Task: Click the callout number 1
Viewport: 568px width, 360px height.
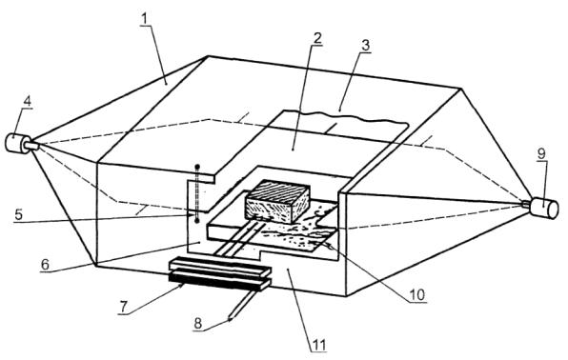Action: [145, 19]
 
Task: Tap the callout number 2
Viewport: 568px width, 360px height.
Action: [317, 38]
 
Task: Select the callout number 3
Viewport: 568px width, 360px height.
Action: [365, 46]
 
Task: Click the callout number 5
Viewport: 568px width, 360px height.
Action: [18, 214]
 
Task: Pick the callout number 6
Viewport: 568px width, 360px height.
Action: [45, 265]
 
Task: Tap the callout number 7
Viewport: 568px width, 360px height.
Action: [124, 307]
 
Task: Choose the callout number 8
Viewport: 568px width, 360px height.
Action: [198, 324]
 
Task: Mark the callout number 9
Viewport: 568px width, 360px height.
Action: [540, 154]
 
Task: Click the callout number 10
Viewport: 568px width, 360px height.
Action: [416, 295]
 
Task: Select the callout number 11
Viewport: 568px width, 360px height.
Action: [319, 345]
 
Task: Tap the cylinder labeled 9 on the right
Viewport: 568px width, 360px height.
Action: [543, 208]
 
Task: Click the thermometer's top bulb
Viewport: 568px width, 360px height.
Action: [197, 168]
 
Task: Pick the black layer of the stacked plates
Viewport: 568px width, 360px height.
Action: [216, 282]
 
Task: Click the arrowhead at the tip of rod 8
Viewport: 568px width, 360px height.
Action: [231, 318]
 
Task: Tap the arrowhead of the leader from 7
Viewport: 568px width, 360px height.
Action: [181, 286]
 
